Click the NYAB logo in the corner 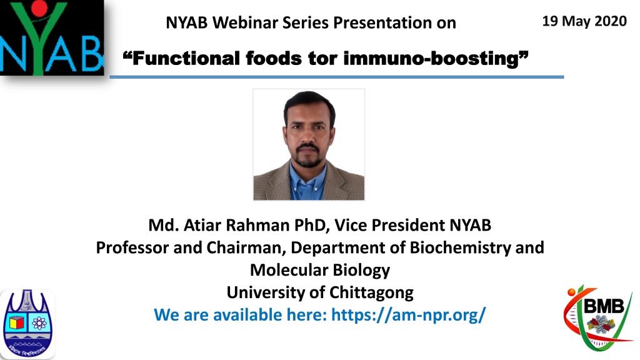click(x=52, y=37)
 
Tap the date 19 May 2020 click(x=584, y=21)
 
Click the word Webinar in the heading click(x=245, y=23)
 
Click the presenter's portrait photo click(x=309, y=144)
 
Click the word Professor click(x=132, y=247)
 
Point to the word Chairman click(x=246, y=247)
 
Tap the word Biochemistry click(x=460, y=247)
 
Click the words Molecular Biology click(x=320, y=270)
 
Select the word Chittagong click(x=371, y=292)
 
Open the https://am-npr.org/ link click(x=409, y=315)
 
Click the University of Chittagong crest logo click(x=27, y=324)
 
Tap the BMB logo click(x=598, y=317)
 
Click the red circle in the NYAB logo click(x=39, y=8)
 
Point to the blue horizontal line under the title click(x=337, y=77)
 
